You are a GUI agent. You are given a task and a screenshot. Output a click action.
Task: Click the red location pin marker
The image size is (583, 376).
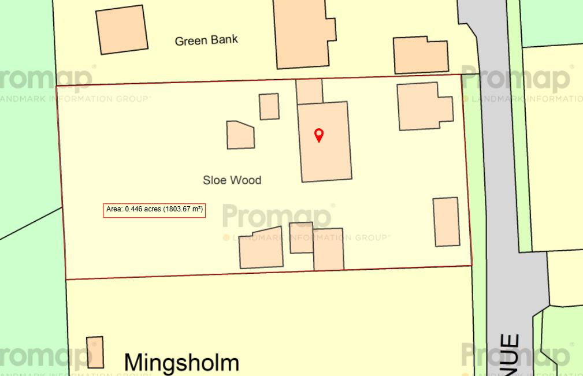coord(318,135)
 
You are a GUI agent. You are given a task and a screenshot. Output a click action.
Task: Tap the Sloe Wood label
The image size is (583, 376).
coord(232,180)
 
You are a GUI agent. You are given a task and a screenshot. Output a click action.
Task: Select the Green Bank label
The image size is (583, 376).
coord(206,40)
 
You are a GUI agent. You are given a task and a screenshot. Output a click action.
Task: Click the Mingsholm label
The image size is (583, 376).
coord(181,363)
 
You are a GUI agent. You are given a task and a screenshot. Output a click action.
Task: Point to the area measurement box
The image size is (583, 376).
coord(155,210)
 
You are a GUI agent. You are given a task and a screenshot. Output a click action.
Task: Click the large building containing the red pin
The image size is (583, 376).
coord(325,156)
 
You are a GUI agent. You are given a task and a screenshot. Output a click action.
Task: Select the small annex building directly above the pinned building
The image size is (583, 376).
coord(309,91)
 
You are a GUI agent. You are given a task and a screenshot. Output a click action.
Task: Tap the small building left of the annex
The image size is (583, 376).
coord(269,106)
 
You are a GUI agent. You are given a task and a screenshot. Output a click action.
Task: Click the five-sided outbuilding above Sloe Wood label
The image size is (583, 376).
coord(240,135)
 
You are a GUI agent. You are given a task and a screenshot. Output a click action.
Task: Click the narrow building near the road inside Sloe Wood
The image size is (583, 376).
coord(447,222)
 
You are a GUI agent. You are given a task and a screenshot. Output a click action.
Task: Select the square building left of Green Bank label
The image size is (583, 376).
coord(121,29)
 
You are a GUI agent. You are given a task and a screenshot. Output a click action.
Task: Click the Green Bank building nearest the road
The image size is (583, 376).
coord(421,55)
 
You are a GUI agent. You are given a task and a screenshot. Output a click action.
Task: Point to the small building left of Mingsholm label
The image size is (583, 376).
coord(95,352)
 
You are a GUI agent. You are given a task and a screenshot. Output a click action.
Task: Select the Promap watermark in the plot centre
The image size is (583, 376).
coord(277,216)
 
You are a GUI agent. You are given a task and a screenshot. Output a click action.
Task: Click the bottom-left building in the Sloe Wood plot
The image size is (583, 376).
coord(261,248)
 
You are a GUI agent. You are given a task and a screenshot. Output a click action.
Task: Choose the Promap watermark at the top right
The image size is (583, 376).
coord(517,79)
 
